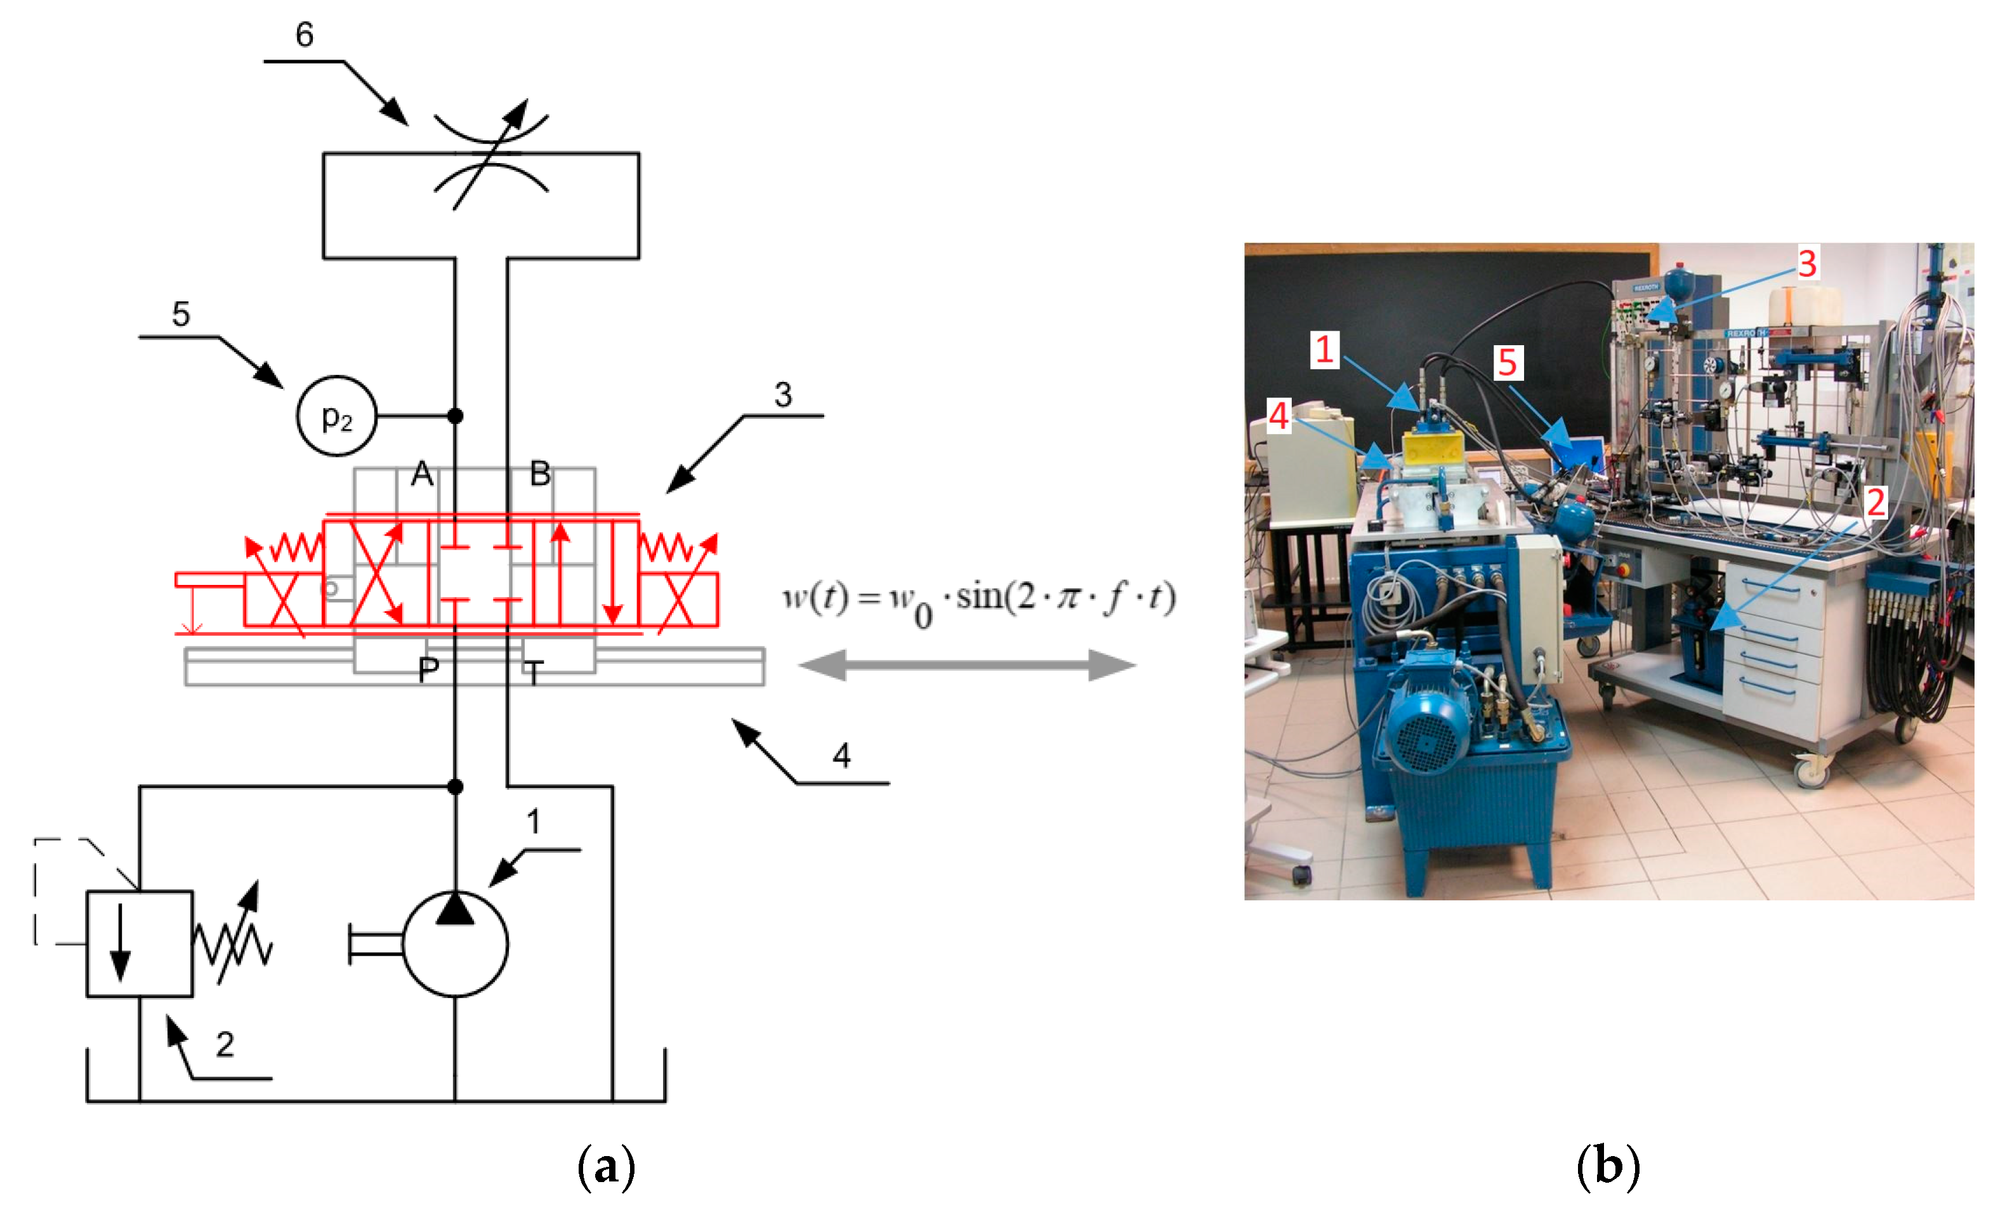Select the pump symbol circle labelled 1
[x=456, y=945]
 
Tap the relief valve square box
[x=140, y=944]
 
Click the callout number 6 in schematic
[x=305, y=35]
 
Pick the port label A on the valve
[x=421, y=473]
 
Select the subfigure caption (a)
[x=606, y=1167]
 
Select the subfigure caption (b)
[x=1608, y=1167]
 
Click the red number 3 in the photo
[x=1807, y=264]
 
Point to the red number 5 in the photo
[x=1508, y=362]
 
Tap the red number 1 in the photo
[x=1325, y=350]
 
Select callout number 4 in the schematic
[x=841, y=756]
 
